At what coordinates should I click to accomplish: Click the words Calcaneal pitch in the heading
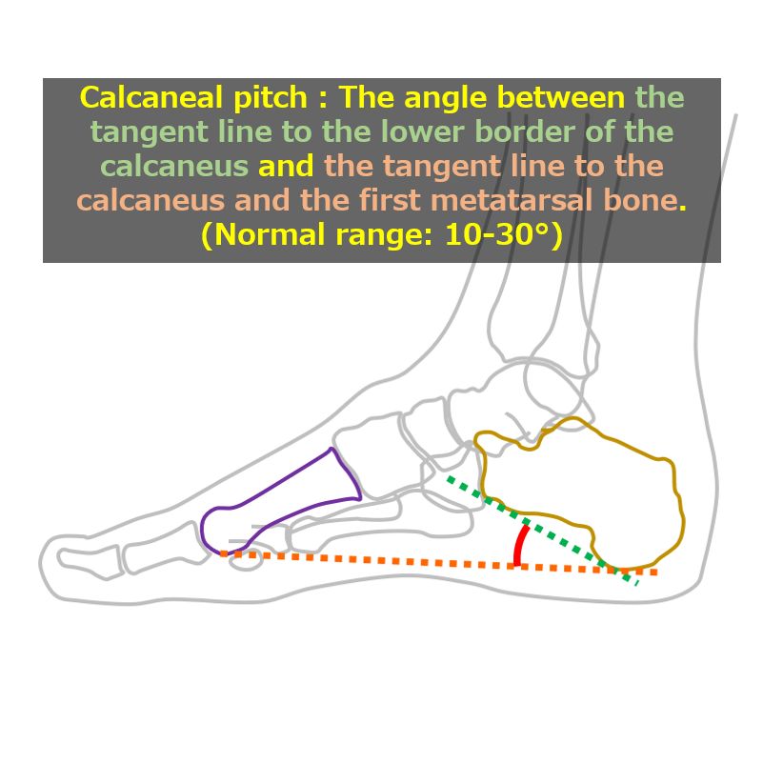coord(193,98)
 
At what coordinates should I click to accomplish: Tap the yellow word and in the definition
coord(286,166)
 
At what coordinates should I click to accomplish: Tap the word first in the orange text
coord(390,200)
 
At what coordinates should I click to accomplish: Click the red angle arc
coord(520,545)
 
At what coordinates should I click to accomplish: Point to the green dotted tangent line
coord(543,530)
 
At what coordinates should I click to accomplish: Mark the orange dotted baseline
coord(438,563)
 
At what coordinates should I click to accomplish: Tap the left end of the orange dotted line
coord(221,553)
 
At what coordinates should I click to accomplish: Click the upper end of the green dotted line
coord(449,477)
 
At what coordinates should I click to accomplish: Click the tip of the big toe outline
coord(40,565)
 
